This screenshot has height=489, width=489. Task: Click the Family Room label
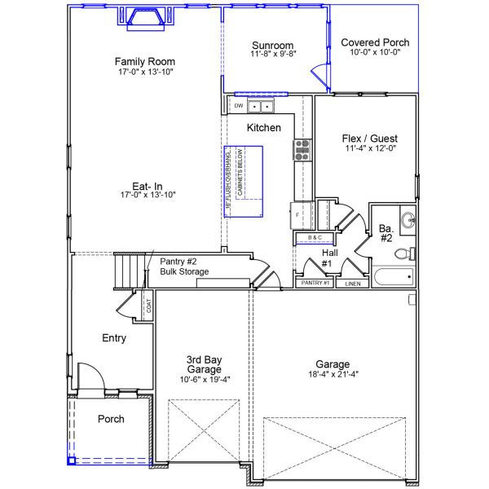[x=145, y=61]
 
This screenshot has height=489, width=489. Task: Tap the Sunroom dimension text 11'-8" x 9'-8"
[x=272, y=55]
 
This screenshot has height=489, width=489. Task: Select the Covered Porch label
[x=375, y=42]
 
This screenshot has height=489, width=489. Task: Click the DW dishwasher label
[x=239, y=106]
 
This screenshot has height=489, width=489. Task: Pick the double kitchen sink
[x=261, y=106]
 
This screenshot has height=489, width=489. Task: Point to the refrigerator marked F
[x=297, y=214]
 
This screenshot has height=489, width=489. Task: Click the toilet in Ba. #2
[x=403, y=253]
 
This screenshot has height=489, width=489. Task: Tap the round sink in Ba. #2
[x=407, y=219]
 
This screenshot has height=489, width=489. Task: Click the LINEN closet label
[x=352, y=284]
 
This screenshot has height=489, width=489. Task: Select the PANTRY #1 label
[x=315, y=283]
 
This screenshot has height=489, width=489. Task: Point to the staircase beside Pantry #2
[x=128, y=269]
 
